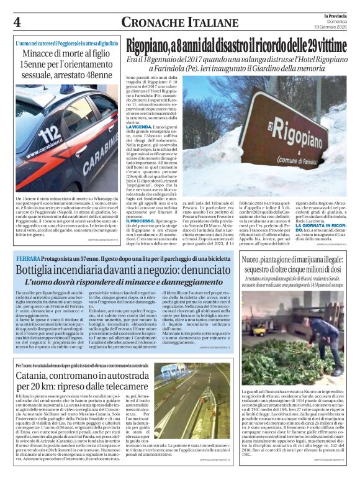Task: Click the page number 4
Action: tap(17, 22)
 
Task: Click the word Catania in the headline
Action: tap(36, 376)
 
